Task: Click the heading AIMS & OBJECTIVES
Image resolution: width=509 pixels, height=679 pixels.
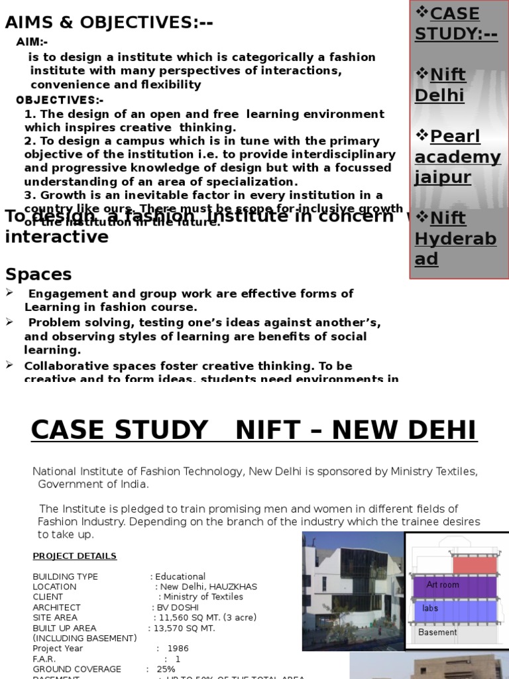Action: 109,23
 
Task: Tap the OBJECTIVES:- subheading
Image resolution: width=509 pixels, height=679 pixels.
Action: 60,100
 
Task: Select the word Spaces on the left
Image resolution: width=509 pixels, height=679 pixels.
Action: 38,274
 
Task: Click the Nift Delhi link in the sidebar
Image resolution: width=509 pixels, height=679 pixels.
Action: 440,85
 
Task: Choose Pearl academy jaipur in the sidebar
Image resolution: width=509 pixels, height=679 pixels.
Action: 457,157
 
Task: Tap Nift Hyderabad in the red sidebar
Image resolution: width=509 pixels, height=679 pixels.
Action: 455,238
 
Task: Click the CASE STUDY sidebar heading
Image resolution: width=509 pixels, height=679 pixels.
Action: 456,23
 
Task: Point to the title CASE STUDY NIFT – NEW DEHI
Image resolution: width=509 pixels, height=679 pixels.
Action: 254,430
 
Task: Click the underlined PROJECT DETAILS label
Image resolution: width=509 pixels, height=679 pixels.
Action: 75,556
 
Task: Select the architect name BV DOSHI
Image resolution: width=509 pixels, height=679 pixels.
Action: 174,607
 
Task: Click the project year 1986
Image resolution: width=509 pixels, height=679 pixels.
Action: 178,648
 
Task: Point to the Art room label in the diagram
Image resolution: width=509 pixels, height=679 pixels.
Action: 442,585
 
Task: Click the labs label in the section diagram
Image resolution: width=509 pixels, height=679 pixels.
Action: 430,608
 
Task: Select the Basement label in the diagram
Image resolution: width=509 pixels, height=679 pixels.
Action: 437,633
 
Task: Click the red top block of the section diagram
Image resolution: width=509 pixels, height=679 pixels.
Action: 474,565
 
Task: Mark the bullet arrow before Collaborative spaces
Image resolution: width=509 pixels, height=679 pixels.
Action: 9,365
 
